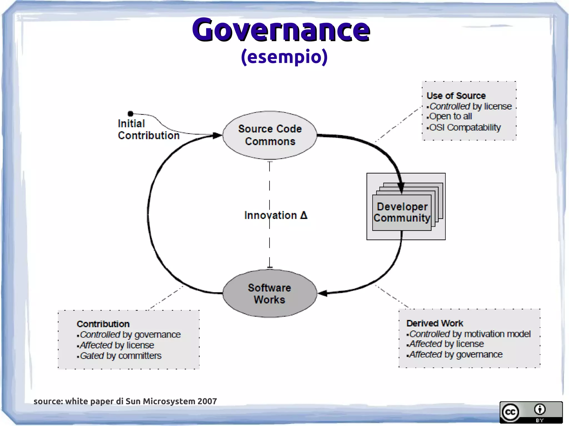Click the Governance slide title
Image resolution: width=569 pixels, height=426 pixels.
pos(281,30)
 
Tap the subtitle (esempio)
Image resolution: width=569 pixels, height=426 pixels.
pos(284,57)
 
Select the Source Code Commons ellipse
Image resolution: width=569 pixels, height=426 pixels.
pos(270,135)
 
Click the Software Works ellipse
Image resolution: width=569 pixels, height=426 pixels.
pos(269,294)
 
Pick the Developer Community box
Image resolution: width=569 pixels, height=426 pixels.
pos(402,212)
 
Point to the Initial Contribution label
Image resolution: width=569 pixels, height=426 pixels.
pos(148,130)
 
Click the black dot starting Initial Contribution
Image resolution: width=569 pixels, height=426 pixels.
pos(131,114)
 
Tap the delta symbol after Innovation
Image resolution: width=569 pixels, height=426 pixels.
pos(304,215)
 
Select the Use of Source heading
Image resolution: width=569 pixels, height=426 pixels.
pos(456,96)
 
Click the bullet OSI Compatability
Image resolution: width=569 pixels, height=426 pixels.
pos(465,127)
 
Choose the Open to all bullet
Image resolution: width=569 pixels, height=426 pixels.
pos(450,116)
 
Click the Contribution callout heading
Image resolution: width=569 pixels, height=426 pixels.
pos(103,324)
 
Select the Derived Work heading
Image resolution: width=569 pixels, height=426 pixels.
pos(435,323)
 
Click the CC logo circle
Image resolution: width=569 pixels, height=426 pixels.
pos(510,412)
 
